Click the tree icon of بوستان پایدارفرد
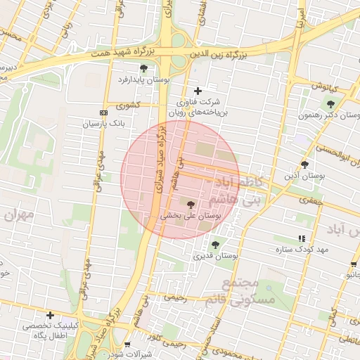tap(144, 68)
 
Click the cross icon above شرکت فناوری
tap(198, 91)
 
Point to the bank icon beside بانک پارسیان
tap(104, 112)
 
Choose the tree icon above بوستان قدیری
tap(215, 245)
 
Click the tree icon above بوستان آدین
tap(304, 165)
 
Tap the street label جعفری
tap(308, 201)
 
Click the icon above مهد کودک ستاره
tap(302, 239)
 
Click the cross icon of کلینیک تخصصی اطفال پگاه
tap(50, 315)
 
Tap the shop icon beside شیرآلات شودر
tap(127, 344)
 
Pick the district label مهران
tap(20, 215)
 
